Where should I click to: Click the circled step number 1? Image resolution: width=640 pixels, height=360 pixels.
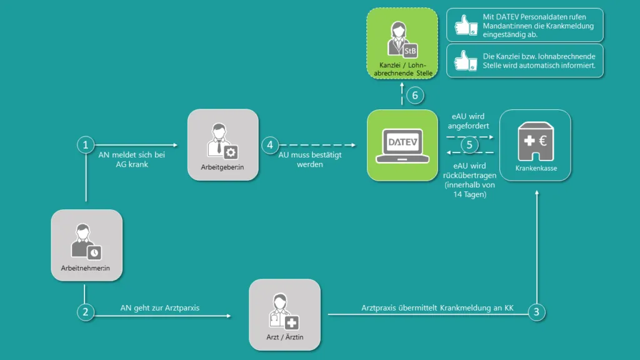(86, 145)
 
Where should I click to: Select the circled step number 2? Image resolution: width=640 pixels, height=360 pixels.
(86, 311)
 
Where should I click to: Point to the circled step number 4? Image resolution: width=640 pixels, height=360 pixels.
(270, 145)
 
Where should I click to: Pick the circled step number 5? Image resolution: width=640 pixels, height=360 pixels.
(470, 144)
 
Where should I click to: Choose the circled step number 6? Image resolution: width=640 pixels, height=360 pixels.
(415, 96)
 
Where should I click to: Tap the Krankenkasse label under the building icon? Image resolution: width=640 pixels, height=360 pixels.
(535, 169)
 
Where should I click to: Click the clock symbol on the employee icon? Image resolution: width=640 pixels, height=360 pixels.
(94, 252)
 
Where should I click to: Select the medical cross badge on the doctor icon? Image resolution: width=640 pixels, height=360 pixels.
(292, 322)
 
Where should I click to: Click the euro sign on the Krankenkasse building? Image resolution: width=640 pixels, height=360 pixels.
(541, 142)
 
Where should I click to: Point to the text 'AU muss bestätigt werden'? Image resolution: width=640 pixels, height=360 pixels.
(309, 159)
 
